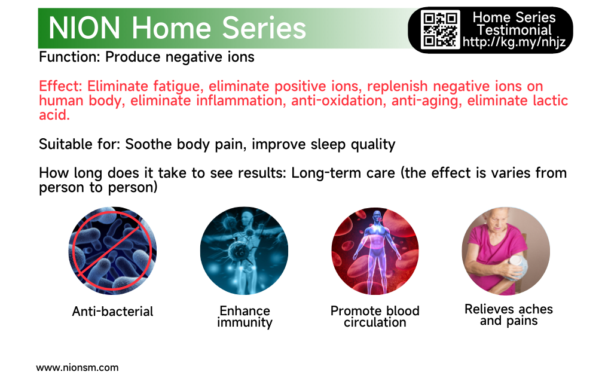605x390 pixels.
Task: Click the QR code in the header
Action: (x=441, y=29)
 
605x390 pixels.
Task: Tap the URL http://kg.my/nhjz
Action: (x=514, y=42)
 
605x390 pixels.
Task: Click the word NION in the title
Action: (x=84, y=28)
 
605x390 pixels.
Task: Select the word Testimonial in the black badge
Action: (x=514, y=30)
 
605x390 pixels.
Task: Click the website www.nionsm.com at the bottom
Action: (x=77, y=368)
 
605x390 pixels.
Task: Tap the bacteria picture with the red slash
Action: (x=112, y=251)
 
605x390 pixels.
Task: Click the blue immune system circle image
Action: (x=244, y=251)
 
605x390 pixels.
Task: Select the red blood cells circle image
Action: (x=375, y=251)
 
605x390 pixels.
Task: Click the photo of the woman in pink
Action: (x=506, y=251)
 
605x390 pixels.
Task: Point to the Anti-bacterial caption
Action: (x=112, y=311)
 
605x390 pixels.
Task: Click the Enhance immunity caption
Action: (x=245, y=316)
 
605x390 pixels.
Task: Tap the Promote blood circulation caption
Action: (x=375, y=316)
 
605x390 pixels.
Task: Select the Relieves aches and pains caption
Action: (x=509, y=315)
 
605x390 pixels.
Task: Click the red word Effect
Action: (x=60, y=86)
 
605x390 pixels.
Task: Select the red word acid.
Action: (x=54, y=115)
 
